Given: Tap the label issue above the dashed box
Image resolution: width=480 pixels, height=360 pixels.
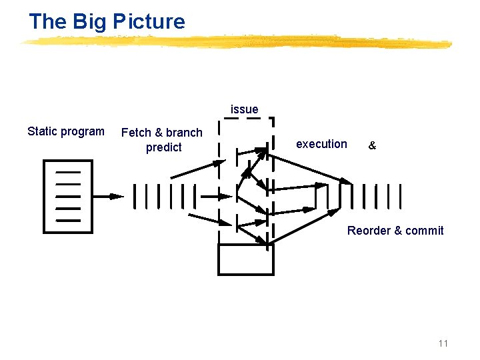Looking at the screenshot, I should tap(244, 109).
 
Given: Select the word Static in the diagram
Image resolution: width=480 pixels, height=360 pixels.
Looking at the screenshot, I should tap(42, 131).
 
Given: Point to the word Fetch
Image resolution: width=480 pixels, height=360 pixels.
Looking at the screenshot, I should tap(136, 133).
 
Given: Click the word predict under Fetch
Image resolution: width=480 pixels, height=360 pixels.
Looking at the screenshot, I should tap(163, 147).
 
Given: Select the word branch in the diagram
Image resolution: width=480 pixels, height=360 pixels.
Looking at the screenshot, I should tap(184, 133).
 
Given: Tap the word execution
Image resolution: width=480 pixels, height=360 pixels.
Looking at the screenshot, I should tap(321, 144).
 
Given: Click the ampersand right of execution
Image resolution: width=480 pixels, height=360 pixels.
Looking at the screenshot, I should tap(372, 145).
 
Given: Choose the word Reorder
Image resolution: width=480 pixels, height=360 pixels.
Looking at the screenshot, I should tap(369, 231).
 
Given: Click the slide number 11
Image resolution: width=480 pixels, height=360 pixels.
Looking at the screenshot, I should tap(443, 343).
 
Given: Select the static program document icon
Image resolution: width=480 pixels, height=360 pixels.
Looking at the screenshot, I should tap(68, 196).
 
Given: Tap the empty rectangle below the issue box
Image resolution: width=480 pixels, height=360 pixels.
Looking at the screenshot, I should tap(245, 259).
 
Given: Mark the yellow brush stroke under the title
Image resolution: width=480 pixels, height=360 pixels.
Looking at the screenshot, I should tap(237, 43).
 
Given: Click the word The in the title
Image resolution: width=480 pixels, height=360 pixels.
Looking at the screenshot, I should tap(47, 22).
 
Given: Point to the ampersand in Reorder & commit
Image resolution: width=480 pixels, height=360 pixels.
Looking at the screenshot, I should tap(398, 231).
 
